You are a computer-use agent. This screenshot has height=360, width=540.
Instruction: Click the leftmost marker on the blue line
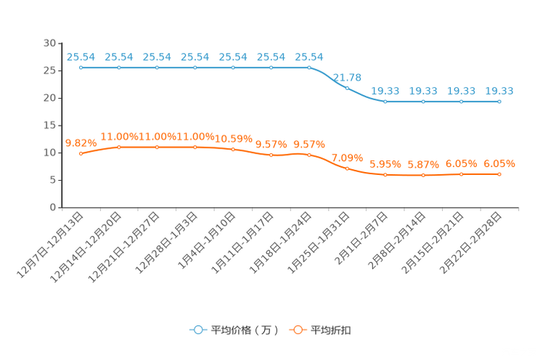(x=81, y=68)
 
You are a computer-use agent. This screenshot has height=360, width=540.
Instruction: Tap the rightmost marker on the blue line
(x=499, y=102)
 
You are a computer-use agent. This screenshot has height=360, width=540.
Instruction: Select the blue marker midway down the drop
(x=348, y=88)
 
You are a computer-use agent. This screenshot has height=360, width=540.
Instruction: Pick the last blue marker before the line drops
(x=309, y=68)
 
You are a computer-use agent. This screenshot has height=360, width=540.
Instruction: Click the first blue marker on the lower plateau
(x=385, y=102)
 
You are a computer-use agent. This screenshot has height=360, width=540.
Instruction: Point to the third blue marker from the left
(x=157, y=68)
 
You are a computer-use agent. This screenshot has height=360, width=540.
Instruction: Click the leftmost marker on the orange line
(x=81, y=154)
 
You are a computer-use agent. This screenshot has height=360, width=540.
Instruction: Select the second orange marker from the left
(x=119, y=147)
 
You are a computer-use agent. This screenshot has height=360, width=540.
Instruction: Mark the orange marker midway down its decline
(x=348, y=168)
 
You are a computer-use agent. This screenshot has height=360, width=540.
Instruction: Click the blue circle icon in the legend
(x=197, y=330)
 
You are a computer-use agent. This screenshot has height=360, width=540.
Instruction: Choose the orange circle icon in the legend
(x=298, y=330)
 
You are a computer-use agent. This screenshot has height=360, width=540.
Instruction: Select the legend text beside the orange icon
(x=331, y=330)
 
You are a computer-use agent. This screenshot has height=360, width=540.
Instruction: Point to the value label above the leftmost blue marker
(x=81, y=57)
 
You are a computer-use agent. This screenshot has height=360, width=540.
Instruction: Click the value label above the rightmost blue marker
(x=499, y=91)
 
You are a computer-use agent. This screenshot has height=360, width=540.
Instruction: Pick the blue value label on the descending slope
(x=347, y=77)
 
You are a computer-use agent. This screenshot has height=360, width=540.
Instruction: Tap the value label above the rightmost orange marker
(x=499, y=163)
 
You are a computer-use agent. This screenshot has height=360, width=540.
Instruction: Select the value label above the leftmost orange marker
(x=80, y=143)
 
